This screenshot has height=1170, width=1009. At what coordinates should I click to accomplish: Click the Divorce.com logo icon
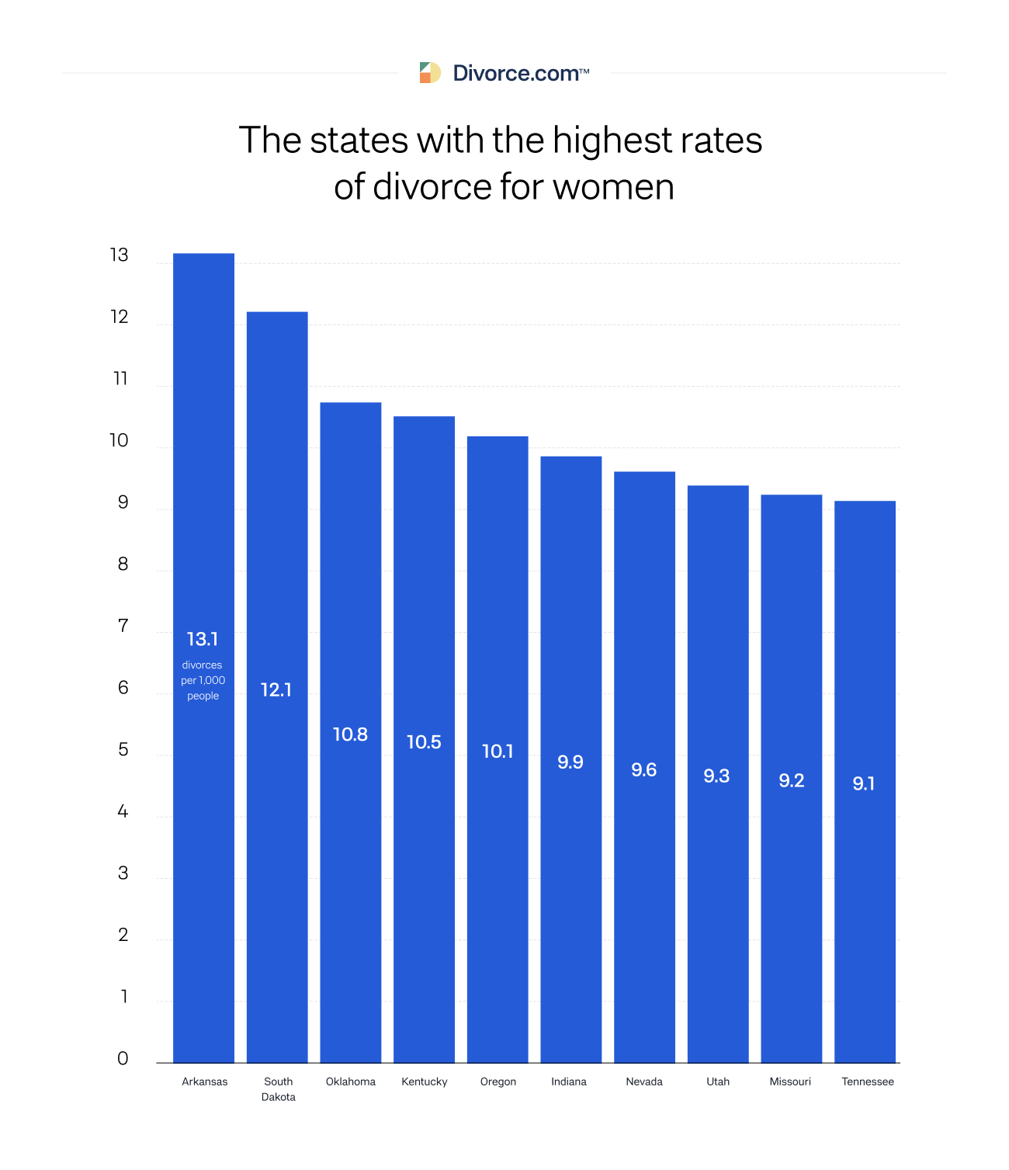tap(430, 73)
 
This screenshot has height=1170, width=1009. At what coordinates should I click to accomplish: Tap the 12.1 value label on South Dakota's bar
tap(276, 690)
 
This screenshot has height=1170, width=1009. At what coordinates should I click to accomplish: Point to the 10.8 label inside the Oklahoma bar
tap(350, 734)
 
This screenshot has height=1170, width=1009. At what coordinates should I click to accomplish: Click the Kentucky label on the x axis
tap(425, 1081)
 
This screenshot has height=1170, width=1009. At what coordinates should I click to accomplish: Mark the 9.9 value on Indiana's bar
tap(570, 762)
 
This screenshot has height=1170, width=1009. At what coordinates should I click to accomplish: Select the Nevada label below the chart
tap(644, 1081)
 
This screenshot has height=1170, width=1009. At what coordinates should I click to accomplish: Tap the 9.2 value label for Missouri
tap(792, 781)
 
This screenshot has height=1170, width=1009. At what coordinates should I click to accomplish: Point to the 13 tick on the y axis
tap(119, 255)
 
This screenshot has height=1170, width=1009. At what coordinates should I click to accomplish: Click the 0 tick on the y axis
tap(123, 1059)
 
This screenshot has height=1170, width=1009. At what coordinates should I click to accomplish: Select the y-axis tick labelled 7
tap(123, 626)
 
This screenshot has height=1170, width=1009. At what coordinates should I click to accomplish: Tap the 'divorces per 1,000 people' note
tap(203, 681)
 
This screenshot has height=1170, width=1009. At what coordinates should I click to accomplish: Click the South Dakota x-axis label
tap(279, 1089)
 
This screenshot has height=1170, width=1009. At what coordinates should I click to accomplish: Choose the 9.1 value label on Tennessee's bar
tap(864, 784)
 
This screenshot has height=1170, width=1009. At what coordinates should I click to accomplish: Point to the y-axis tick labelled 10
tap(119, 441)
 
